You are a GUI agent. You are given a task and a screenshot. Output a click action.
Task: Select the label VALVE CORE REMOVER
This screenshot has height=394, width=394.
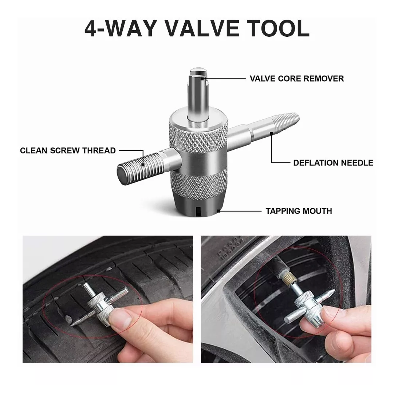coord(297,79)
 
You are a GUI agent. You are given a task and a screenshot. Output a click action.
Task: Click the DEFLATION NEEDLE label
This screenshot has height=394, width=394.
coord(333,163)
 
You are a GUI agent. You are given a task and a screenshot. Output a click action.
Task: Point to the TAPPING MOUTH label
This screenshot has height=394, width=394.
coord(299,211)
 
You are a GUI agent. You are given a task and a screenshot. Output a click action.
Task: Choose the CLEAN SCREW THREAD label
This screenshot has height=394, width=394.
coord(68,151)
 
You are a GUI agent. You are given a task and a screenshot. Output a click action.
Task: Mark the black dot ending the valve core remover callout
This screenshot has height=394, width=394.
coord(202,79)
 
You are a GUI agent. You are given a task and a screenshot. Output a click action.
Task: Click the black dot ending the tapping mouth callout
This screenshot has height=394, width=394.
coord(219,211)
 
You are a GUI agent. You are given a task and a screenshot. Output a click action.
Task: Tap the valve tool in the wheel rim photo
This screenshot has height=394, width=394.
coord(310,304)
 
